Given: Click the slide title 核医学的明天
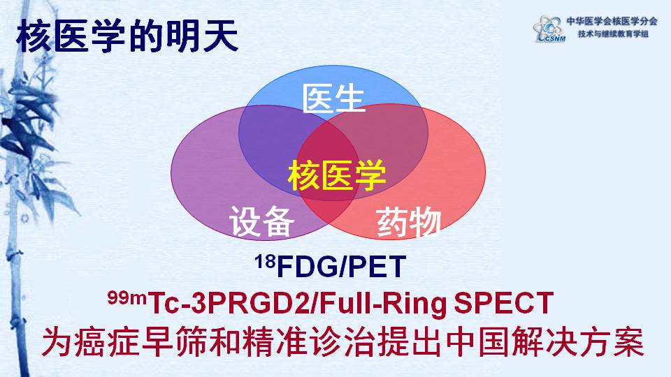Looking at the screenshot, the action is coord(127,36).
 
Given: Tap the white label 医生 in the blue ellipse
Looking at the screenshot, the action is coord(334,98).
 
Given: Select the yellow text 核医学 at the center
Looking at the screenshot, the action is coord(337,175).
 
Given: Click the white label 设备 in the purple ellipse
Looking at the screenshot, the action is coord(262,221).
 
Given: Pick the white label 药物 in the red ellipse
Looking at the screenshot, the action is coord(409,222).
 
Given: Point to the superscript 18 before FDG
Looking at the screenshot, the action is coord(265,261).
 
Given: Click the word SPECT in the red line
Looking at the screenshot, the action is coord(503,303).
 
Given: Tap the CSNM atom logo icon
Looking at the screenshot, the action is coord(548,29).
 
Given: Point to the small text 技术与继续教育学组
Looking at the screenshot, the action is coord(613,34).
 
